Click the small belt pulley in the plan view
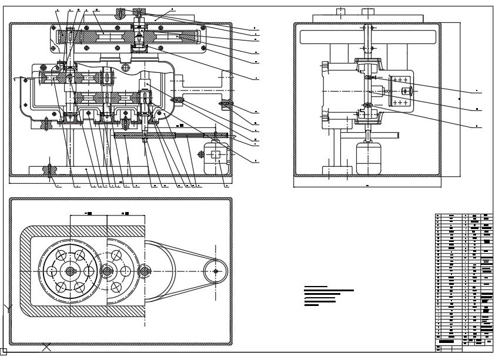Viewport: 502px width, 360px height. pos(216,271)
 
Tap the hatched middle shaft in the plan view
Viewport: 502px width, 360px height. pos(108,271)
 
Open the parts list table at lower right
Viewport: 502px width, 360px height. pos(464,281)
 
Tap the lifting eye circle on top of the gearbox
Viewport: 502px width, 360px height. pos(126,69)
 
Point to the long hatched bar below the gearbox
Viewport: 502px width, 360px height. pos(170,136)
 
